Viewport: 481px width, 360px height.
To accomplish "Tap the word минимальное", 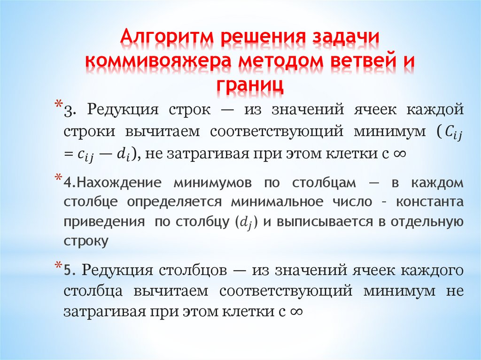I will tap(277, 202).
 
